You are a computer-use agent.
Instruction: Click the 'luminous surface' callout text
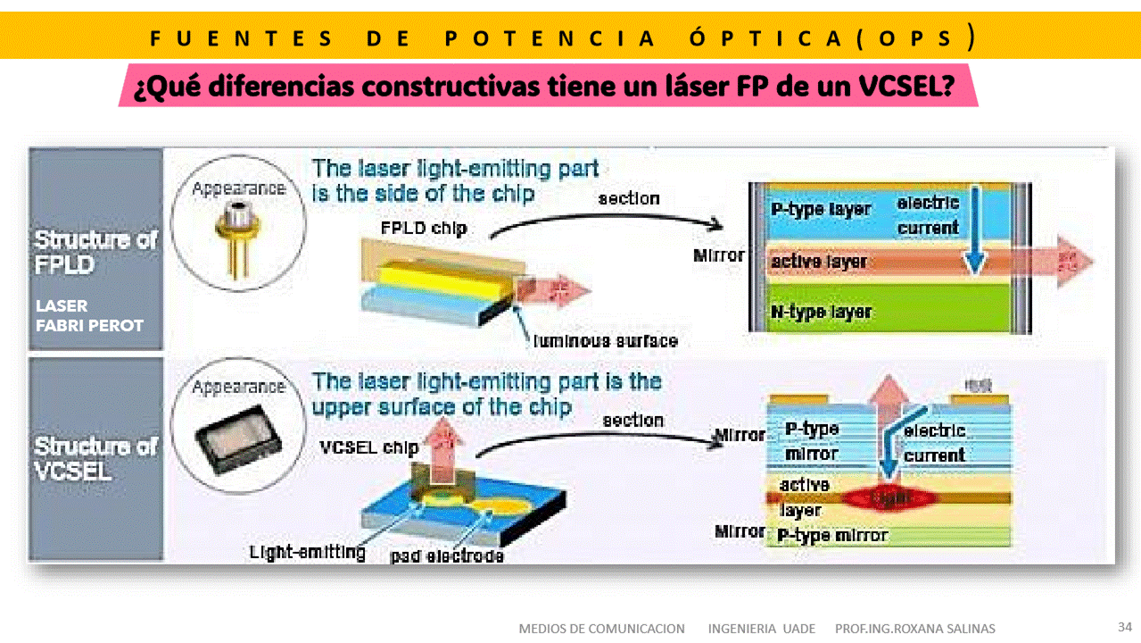pos(605,340)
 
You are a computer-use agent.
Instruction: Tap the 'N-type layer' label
pos(821,312)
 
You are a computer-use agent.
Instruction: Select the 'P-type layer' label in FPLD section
pos(820,209)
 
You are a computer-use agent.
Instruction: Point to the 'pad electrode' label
pos(447,556)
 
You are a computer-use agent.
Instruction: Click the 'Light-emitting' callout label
pos(308,552)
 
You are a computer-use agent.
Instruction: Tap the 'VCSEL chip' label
pos(368,447)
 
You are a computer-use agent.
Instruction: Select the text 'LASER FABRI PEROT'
pos(89,315)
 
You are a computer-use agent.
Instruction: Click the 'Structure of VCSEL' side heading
pos(95,457)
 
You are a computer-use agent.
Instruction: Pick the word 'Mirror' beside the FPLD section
pos(718,255)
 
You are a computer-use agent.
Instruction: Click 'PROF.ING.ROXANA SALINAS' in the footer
pos(914,629)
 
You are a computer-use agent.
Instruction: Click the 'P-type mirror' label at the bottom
pos(832,535)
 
